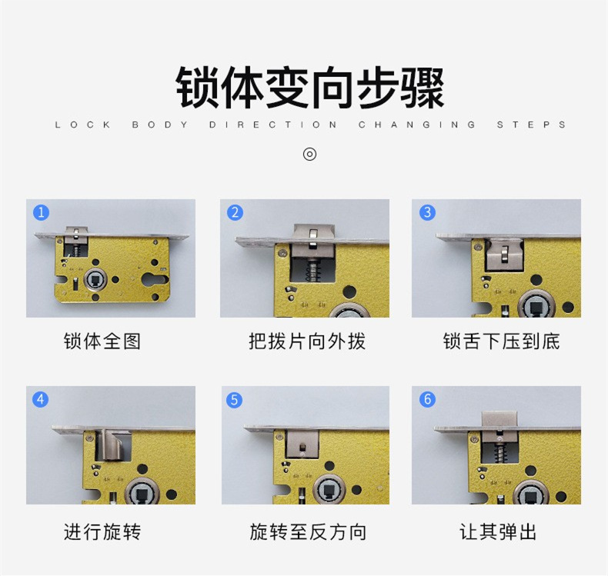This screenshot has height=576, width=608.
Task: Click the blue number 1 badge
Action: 41,212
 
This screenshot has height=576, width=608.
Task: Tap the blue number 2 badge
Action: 235,212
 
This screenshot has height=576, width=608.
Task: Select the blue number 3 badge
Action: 427,212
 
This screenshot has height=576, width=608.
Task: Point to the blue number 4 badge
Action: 40,399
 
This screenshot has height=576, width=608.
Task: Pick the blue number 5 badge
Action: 234,400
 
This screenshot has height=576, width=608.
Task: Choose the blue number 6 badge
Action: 427,399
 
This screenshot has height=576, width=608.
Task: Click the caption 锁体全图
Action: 102,341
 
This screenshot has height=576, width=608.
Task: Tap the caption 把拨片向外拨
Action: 307,341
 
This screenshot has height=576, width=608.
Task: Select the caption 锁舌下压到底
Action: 501,341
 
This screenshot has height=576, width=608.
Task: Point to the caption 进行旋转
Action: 102,531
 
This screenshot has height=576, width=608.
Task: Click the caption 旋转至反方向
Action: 308,531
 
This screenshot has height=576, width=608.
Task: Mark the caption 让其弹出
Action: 498,531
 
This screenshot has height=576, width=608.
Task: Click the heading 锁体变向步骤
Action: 310,88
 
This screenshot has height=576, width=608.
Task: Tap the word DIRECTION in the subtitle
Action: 273,125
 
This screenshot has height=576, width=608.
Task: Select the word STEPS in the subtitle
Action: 531,125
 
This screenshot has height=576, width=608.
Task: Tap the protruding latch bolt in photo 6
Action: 499,418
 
